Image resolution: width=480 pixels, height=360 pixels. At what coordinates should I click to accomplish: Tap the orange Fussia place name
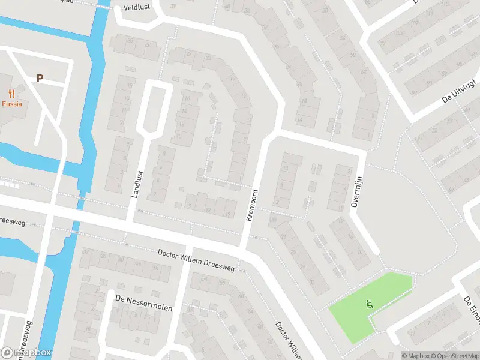tap(11, 104)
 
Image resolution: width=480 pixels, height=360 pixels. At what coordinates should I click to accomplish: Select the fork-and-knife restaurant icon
tap(11, 93)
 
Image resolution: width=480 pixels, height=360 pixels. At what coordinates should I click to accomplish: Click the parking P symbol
tap(40, 78)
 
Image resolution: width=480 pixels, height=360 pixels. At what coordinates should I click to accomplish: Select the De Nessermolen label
tap(140, 308)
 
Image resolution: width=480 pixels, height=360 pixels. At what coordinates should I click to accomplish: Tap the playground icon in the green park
tap(369, 304)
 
